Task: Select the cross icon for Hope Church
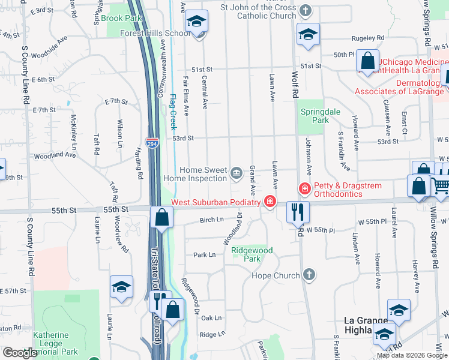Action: pyautogui.click(x=309, y=275)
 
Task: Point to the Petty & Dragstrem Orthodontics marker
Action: pyautogui.click(x=305, y=190)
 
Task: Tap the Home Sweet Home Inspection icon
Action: pyautogui.click(x=236, y=174)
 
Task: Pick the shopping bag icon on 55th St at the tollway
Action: pyautogui.click(x=161, y=217)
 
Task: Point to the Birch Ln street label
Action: pyautogui.click(x=211, y=220)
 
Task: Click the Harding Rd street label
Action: pyautogui.click(x=138, y=162)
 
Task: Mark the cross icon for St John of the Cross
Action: pyautogui.click(x=306, y=11)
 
